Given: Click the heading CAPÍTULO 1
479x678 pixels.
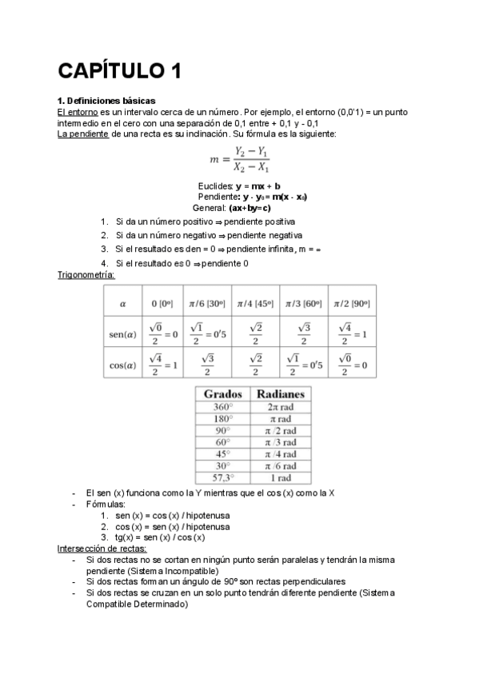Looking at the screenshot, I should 119,71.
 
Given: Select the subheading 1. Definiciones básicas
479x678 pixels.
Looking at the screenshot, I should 106,101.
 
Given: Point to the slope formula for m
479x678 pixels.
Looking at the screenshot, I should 239,159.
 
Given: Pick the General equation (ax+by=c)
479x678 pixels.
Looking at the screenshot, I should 243,206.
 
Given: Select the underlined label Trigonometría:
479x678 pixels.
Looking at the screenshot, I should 86,275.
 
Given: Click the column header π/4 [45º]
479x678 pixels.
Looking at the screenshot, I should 255,304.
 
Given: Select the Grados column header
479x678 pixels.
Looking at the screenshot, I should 223,394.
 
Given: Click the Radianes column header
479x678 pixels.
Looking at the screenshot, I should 280,394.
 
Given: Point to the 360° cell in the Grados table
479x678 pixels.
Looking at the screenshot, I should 223,406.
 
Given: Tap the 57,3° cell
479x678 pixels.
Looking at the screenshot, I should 223,478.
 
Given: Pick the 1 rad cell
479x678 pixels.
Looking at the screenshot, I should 280,478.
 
